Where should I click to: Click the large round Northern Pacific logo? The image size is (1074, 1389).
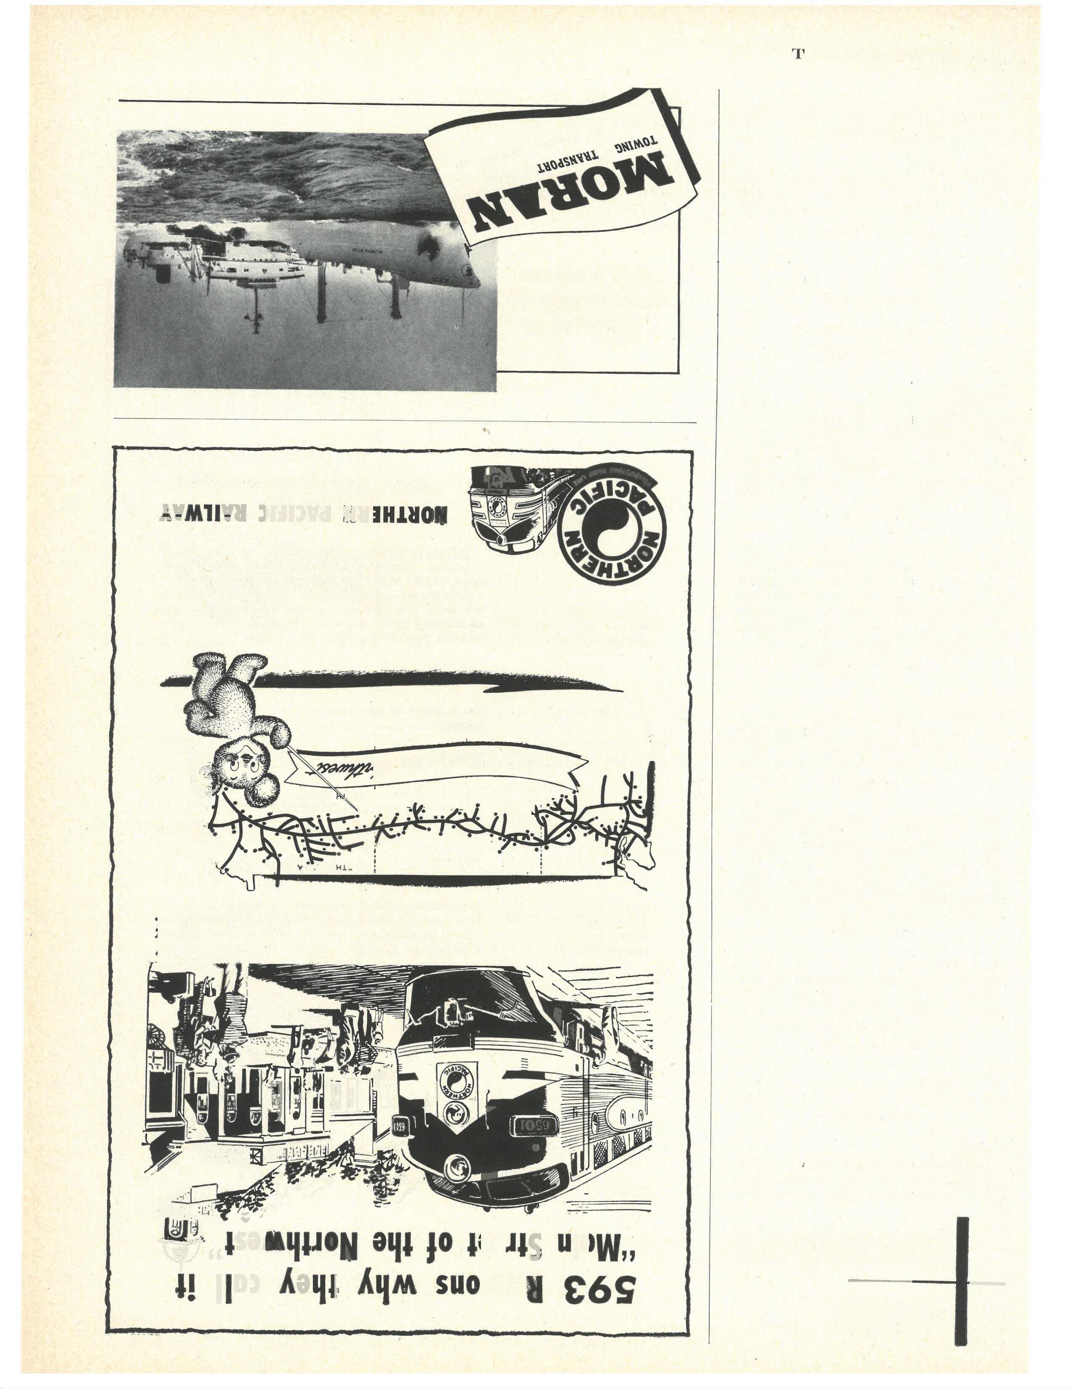pos(613,524)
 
